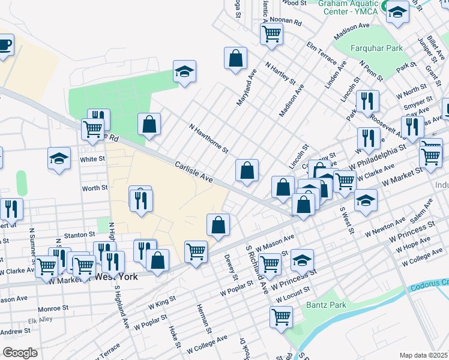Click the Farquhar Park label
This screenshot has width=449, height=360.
(376, 48)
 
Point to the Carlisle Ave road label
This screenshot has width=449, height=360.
(194, 171)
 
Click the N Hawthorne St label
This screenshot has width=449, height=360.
(208, 139)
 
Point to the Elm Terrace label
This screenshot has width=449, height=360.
(321, 49)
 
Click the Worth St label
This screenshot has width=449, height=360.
(95, 188)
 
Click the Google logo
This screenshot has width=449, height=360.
(20, 352)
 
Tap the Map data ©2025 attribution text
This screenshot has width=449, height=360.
(423, 355)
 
